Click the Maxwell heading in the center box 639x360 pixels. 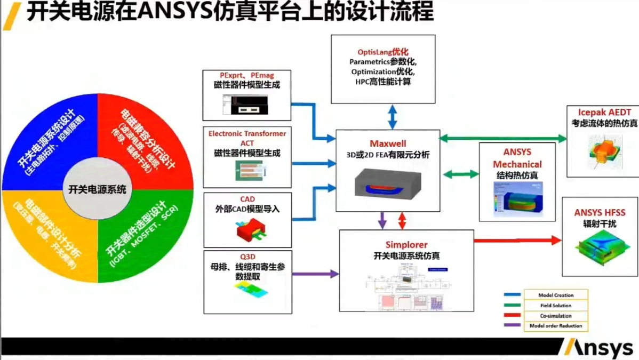coord(388,143)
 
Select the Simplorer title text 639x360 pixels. coord(406,245)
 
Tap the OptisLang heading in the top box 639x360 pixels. coord(383,52)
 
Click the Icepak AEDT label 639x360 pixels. coord(604,113)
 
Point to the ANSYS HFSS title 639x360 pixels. coord(600,213)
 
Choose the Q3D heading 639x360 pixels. coord(247,257)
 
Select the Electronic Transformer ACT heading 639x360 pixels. coord(247,138)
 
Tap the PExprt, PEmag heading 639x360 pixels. coord(247,75)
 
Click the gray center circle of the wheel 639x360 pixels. coord(98,189)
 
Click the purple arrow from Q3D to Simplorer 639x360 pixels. coord(315,274)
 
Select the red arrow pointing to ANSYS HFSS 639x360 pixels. coord(517,241)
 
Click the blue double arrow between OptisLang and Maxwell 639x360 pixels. coord(392,116)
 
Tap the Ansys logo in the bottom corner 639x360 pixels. coord(600,348)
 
